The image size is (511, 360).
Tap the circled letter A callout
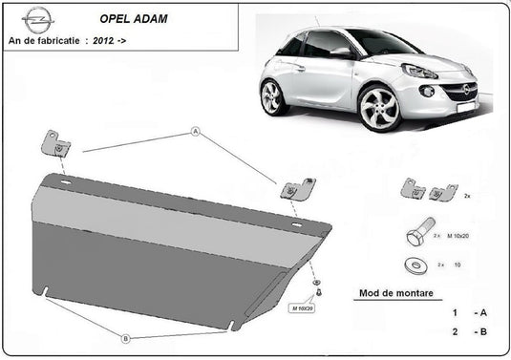coord(197,133)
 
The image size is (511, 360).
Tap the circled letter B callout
coord(125,336)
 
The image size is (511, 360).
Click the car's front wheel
coord(380,109)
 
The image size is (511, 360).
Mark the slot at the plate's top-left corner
coord(66,181)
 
